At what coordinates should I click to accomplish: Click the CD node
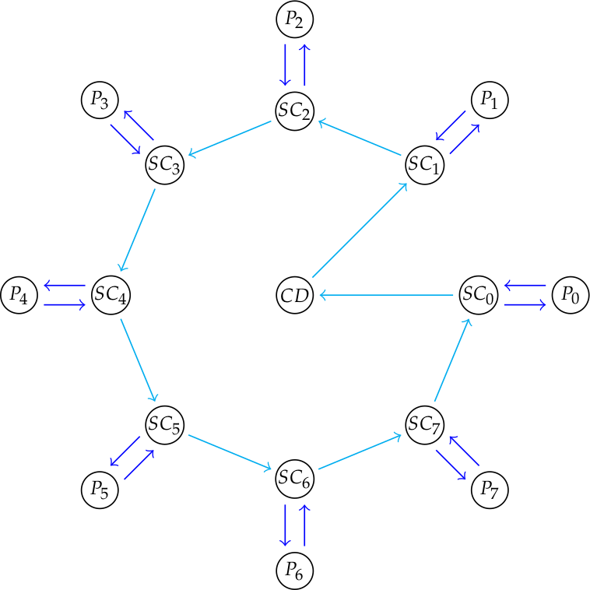point(294,295)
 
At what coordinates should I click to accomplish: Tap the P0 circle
point(571,295)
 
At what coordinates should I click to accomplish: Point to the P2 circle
point(294,20)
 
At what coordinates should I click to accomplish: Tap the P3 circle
point(100,100)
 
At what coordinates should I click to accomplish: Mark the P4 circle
point(19,295)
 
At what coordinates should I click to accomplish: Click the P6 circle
point(294,571)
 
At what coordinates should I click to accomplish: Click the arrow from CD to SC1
point(360,230)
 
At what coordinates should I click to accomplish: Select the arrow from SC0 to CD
point(387,295)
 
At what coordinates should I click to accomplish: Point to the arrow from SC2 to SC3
point(230,139)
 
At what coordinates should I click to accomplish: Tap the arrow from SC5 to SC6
point(230,451)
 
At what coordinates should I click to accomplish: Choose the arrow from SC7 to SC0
point(451,359)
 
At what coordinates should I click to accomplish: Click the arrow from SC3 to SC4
point(138,230)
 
